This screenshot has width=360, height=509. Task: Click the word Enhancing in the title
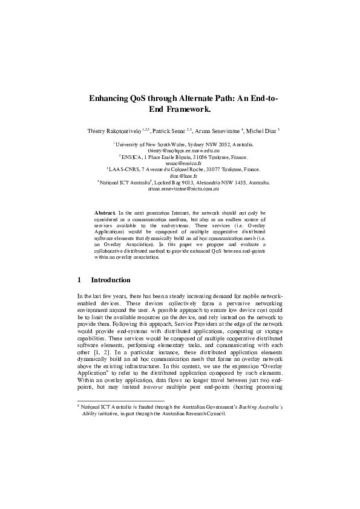pyautogui.click(x=110, y=98)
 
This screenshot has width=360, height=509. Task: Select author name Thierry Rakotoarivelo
pyautogui.click(x=118, y=130)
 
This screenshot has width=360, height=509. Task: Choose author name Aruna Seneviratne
pyautogui.click(x=217, y=130)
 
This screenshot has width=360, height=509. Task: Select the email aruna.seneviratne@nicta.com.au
pyautogui.click(x=183, y=189)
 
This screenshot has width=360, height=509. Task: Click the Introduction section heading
pyautogui.click(x=110, y=280)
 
